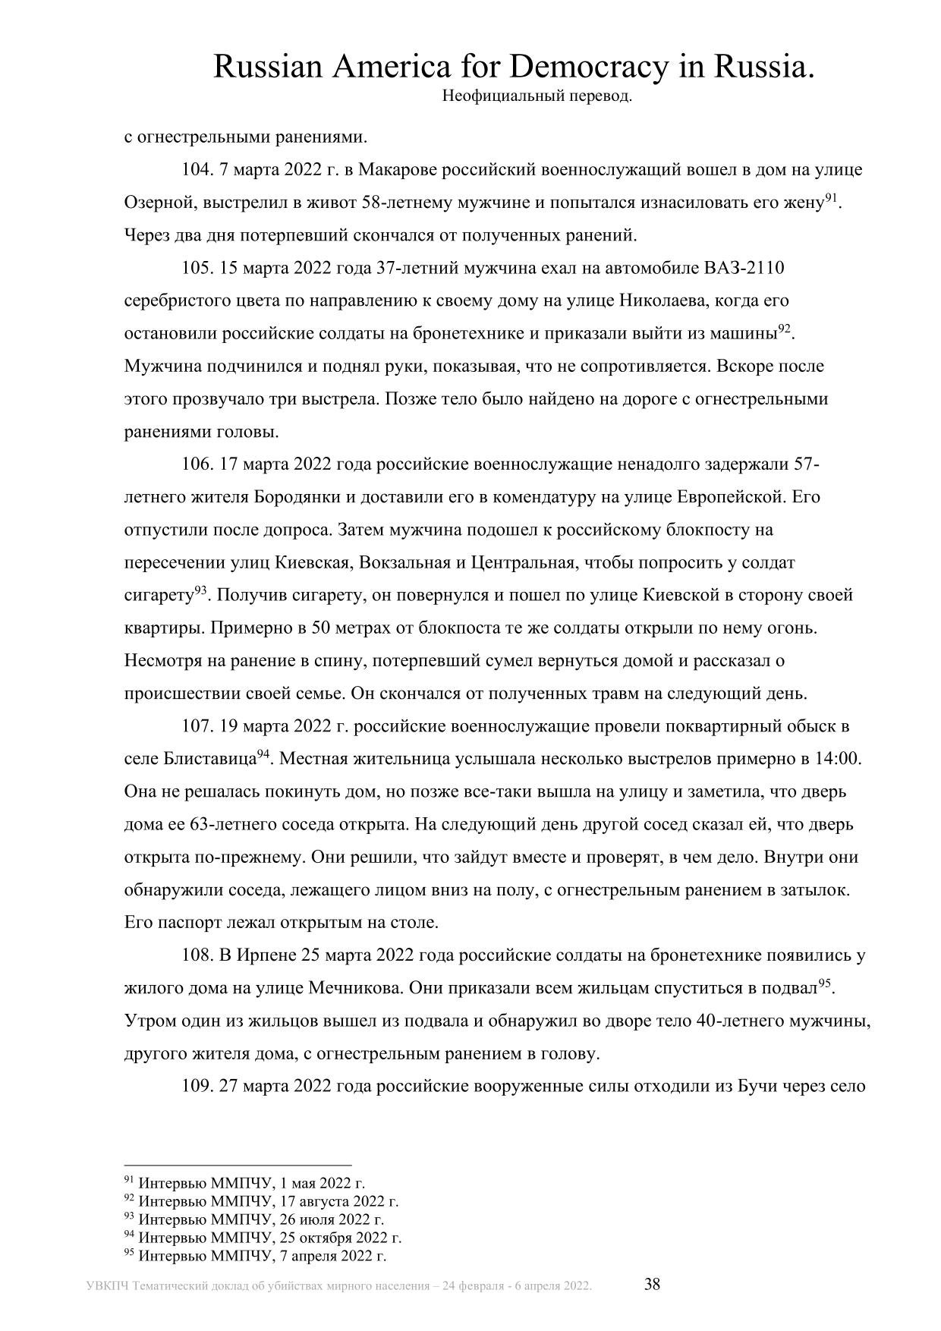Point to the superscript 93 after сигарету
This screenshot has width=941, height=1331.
201,590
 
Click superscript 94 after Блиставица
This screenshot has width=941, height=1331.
263,753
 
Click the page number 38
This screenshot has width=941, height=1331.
653,1284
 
